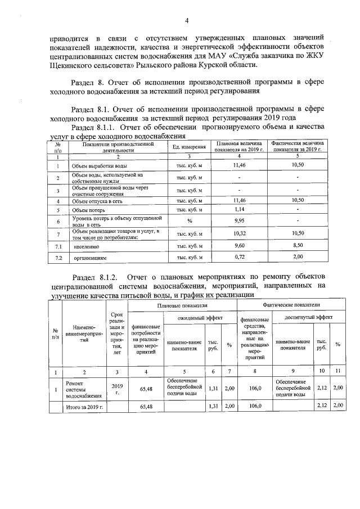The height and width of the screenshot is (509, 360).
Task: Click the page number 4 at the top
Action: (x=186, y=21)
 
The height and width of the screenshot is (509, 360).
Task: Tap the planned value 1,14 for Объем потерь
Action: (x=240, y=210)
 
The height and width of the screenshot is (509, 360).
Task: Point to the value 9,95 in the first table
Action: (x=240, y=221)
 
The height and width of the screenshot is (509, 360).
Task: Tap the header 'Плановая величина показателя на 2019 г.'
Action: (x=240, y=147)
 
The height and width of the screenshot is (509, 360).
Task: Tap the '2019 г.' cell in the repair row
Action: (x=117, y=388)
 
